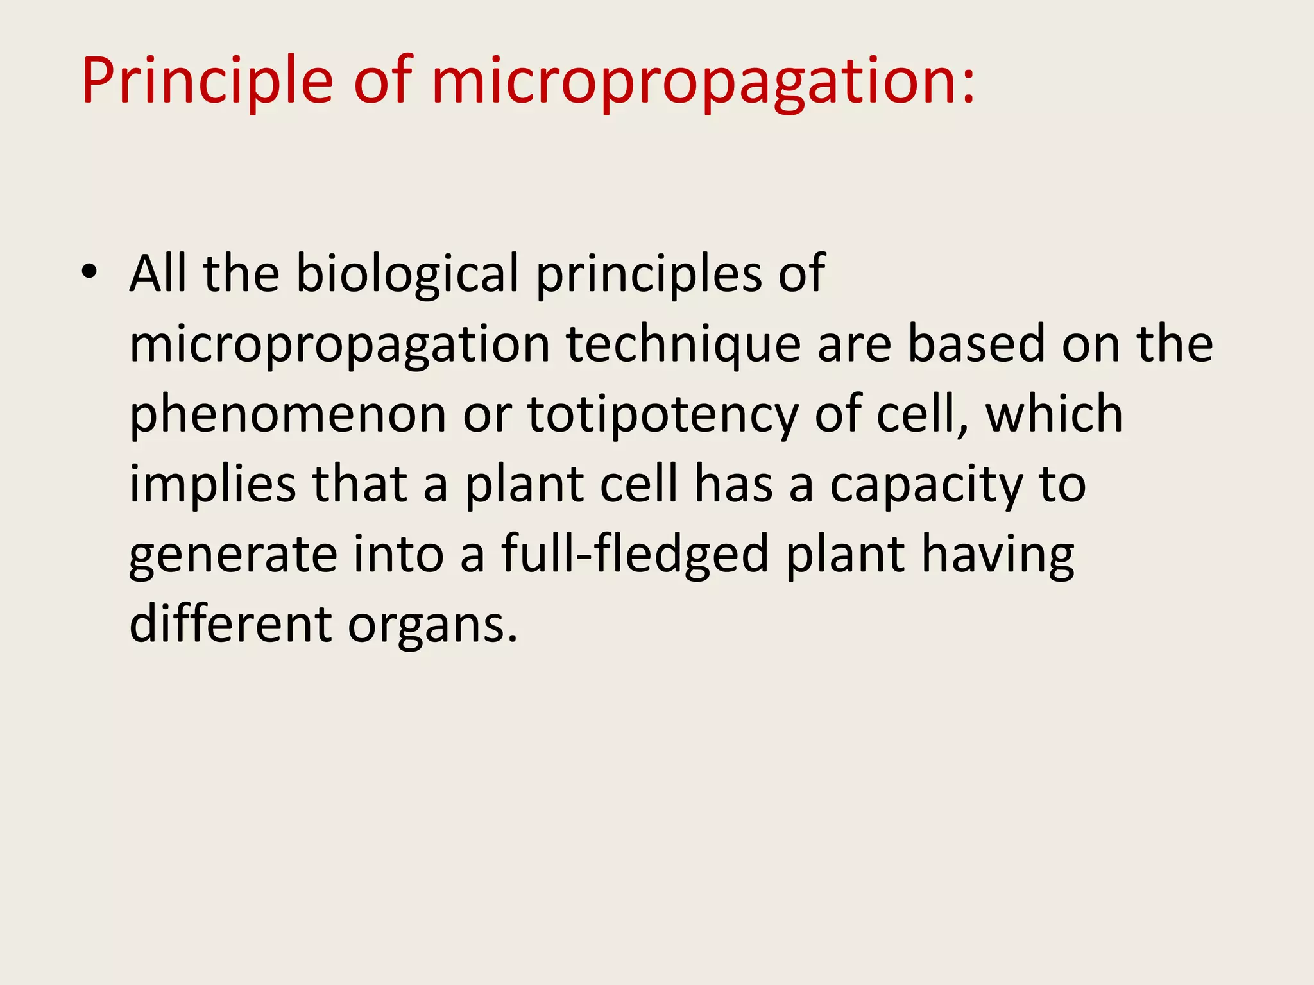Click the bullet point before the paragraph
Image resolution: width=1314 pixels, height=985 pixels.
coord(90,273)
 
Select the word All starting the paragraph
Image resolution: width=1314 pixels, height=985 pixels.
coord(158,274)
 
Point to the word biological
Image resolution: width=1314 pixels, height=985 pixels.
coord(407,274)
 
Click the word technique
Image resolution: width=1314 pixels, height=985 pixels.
coord(683,345)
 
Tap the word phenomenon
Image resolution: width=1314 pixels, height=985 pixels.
coord(287,415)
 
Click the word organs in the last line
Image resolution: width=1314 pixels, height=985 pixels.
coord(432,625)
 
